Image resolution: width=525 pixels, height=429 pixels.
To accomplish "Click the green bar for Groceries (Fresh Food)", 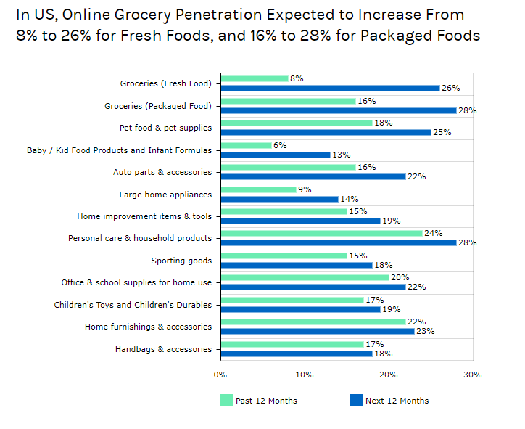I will [254, 78].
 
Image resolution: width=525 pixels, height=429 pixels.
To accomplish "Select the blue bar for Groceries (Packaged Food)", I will [338, 110].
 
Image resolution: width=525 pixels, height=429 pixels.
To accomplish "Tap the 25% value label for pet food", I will [441, 133].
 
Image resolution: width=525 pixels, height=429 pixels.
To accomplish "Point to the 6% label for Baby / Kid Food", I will [280, 145].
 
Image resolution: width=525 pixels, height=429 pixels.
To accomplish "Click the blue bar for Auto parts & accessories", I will [313, 176].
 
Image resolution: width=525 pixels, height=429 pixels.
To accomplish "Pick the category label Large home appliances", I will [165, 195].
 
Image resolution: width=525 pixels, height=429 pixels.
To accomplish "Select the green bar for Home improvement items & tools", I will [284, 211].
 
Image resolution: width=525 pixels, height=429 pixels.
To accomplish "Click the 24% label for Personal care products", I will [432, 234].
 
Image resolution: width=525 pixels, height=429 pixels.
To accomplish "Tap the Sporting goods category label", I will [181, 261].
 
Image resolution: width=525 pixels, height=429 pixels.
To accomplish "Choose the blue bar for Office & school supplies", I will [313, 287].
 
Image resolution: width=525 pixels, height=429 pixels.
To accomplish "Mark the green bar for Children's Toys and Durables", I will [292, 300].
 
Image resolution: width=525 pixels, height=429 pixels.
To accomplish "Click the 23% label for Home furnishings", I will [424, 332].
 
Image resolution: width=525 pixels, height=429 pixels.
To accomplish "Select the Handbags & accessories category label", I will [163, 349].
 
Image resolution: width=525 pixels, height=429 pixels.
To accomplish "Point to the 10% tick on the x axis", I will [305, 375].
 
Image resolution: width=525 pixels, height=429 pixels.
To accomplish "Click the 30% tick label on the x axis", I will [473, 375].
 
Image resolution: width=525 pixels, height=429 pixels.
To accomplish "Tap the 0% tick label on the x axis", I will [220, 375].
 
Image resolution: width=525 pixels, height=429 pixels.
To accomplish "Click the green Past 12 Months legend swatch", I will [226, 400].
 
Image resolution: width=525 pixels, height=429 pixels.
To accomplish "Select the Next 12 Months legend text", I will [397, 401].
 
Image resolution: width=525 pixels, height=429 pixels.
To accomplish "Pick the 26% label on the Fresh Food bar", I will [450, 89].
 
